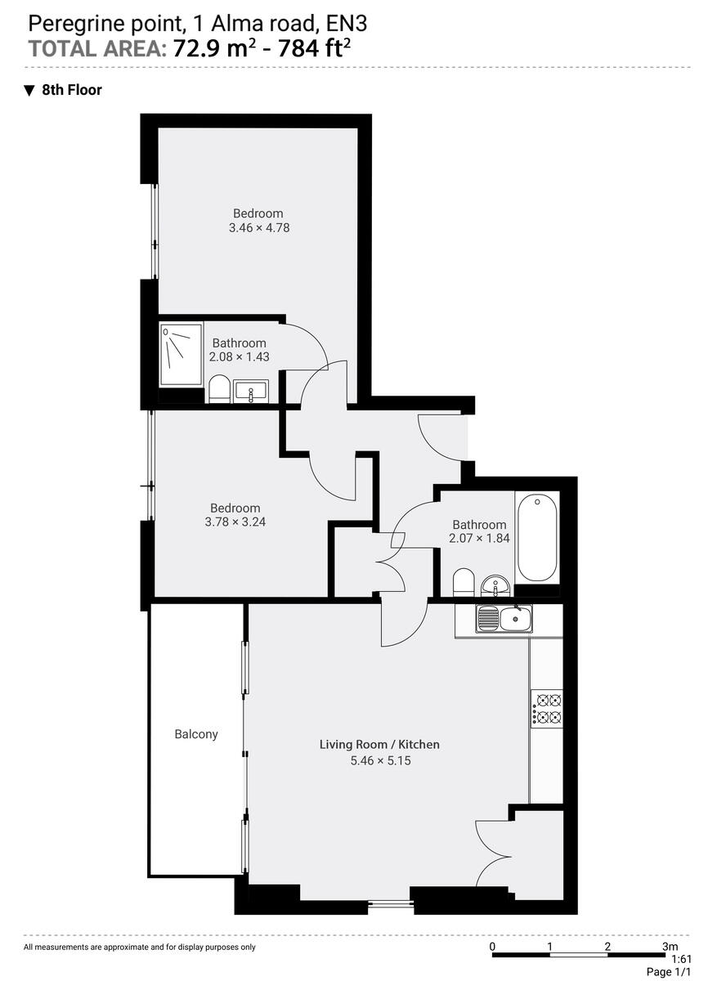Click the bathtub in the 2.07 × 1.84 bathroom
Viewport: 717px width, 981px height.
537,537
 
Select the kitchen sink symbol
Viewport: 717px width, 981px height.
504,618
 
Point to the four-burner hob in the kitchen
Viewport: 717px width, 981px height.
547,709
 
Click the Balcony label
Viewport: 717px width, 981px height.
196,734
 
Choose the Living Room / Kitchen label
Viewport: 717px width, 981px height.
379,745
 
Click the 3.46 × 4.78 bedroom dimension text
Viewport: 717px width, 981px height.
259,228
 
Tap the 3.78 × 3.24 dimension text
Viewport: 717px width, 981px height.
235,521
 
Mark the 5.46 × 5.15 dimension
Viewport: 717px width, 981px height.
379,760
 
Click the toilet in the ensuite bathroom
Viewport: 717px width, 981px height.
219,390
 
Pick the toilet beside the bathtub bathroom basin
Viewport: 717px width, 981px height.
464,582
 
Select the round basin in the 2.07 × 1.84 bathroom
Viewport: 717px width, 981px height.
495,585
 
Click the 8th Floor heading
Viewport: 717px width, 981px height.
71,90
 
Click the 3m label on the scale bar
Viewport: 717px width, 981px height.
669,947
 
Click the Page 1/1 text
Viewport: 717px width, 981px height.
668,972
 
